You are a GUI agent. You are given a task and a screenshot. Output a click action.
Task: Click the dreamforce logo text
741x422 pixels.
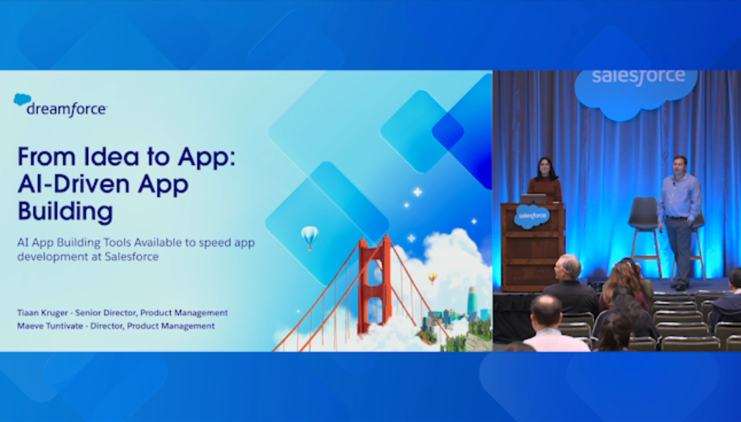pyautogui.click(x=67, y=110)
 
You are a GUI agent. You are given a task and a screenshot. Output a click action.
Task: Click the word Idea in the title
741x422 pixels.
pyautogui.click(x=111, y=157)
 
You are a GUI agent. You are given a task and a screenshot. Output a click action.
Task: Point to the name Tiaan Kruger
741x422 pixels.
pyautogui.click(x=43, y=313)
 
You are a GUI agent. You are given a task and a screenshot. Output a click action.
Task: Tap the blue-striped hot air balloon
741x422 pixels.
pyautogui.click(x=309, y=237)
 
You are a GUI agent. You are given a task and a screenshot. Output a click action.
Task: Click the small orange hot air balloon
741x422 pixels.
pyautogui.click(x=432, y=278)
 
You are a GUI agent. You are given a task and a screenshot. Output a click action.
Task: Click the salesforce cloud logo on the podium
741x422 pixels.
pyautogui.click(x=532, y=216)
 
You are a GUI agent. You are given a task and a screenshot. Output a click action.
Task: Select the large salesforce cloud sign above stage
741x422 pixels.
pyautogui.click(x=636, y=91)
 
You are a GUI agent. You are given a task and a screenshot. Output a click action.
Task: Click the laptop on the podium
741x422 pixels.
pyautogui.click(x=534, y=199)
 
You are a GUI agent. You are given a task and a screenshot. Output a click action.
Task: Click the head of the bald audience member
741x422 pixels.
pyautogui.click(x=546, y=310)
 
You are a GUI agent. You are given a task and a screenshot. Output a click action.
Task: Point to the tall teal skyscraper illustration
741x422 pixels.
pyautogui.click(x=472, y=302)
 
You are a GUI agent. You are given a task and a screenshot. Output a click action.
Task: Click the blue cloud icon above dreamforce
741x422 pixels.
pyautogui.click(x=22, y=99)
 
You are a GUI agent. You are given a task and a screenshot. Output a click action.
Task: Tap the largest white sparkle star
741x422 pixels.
pyautogui.click(x=417, y=192)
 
